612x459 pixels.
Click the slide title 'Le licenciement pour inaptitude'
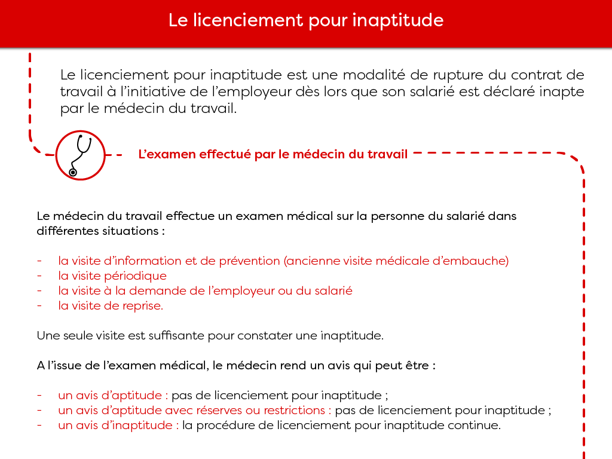(305, 20)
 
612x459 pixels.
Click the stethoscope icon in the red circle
(80, 155)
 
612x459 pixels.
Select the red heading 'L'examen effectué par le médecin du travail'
(273, 154)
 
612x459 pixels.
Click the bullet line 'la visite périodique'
(112, 276)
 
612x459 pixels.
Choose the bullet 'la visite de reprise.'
(111, 305)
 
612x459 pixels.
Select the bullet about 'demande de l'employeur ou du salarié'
(205, 291)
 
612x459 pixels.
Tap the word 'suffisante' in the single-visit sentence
(176, 335)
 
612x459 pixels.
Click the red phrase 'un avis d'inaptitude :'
(118, 426)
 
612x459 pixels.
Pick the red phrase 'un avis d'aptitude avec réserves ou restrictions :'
(194, 411)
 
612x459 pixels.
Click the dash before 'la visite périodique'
(39, 276)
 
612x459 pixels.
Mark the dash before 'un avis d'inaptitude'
(39, 426)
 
